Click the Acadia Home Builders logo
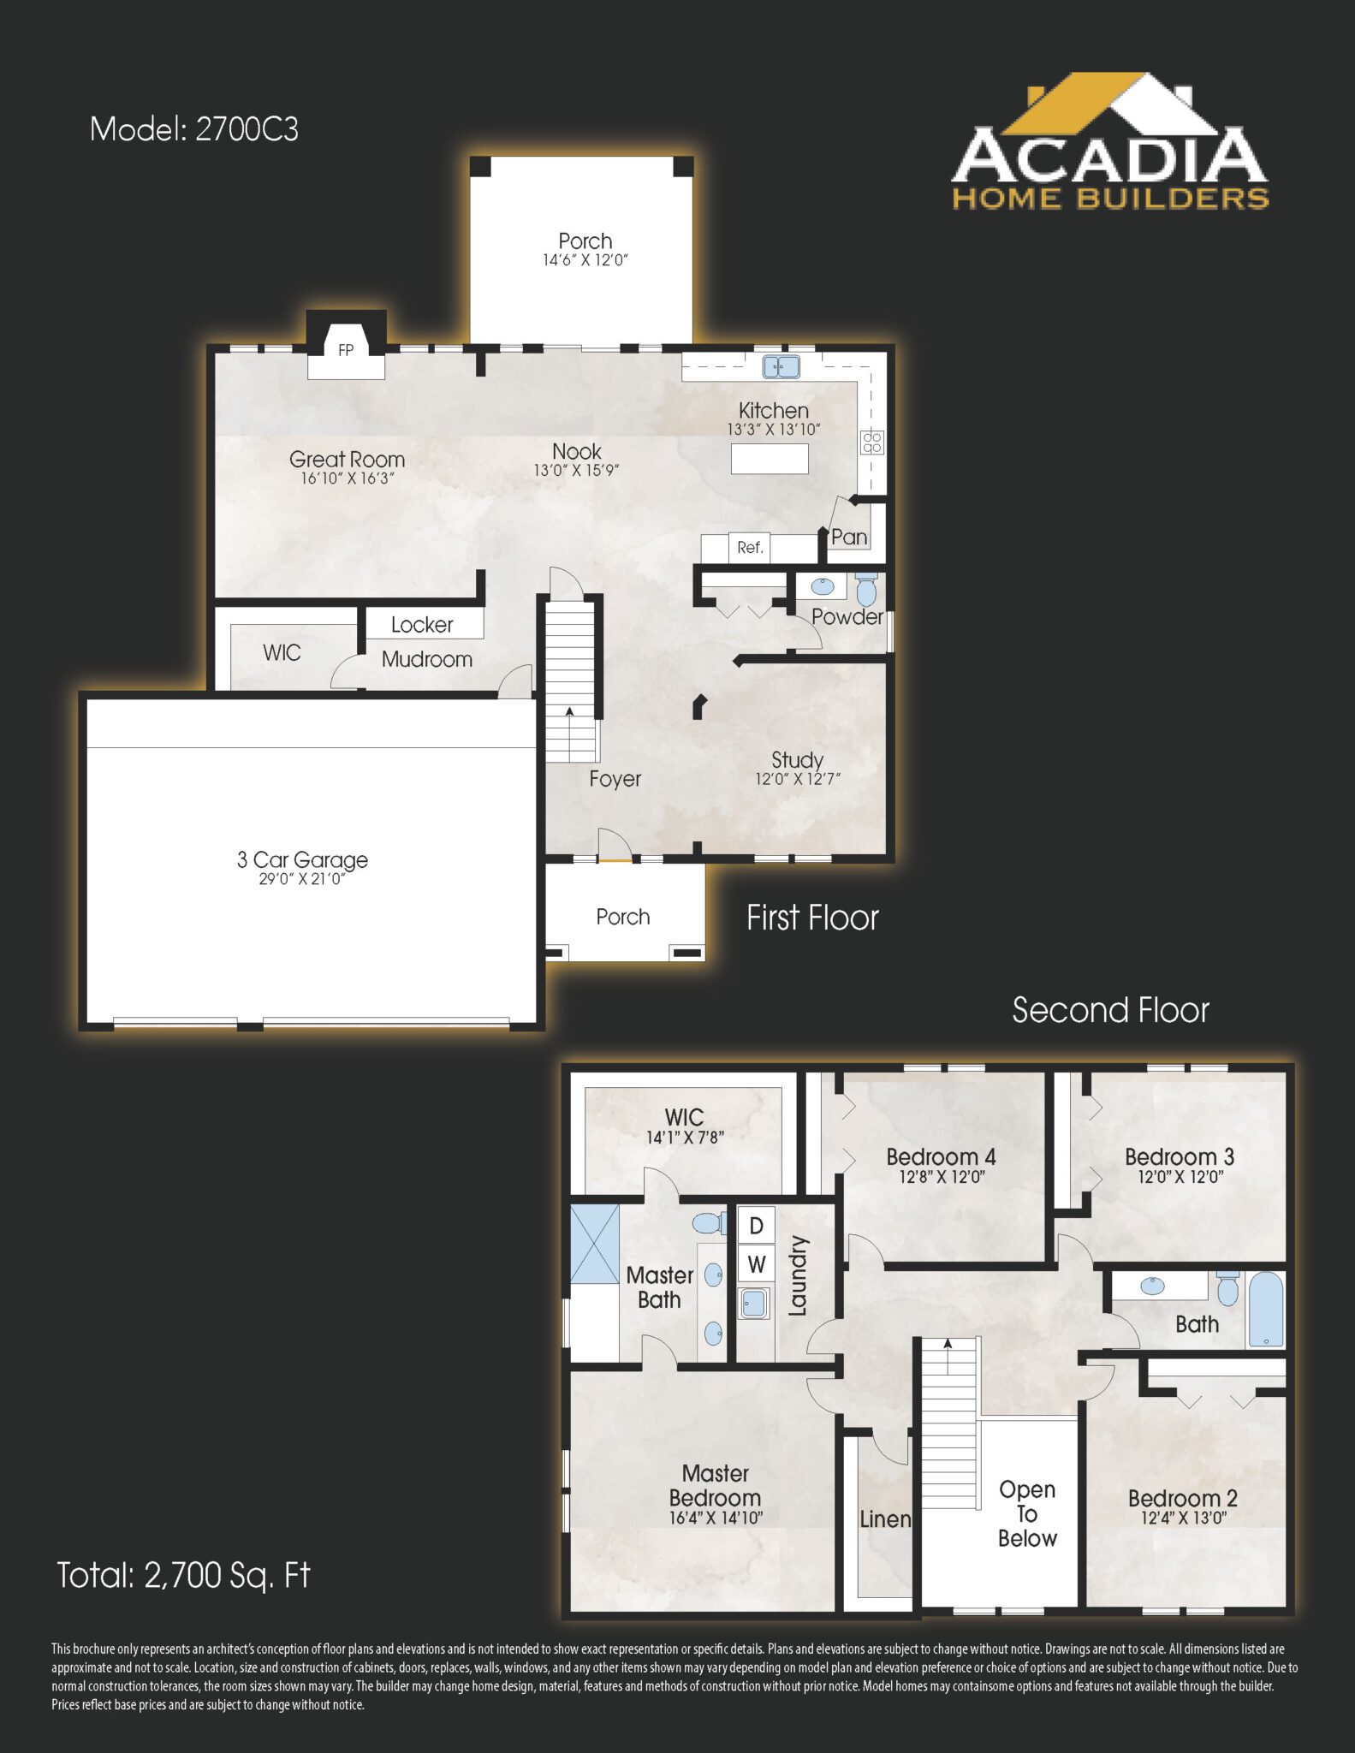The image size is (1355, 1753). tap(1109, 145)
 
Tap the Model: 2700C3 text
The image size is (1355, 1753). tap(194, 129)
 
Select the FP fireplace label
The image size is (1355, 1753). tap(346, 350)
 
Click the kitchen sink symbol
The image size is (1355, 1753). tap(782, 367)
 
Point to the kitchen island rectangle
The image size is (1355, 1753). tap(770, 459)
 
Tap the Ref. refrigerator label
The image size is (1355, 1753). tap(750, 548)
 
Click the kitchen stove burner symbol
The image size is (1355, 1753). tap(872, 442)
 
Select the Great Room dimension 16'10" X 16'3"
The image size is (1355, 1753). tap(347, 478)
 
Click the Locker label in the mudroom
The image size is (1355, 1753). tap(422, 625)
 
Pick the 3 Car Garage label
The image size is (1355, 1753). tap(302, 859)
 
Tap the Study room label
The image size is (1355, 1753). tap(797, 760)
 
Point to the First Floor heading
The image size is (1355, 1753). tap(812, 918)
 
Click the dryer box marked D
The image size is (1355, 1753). tap(756, 1226)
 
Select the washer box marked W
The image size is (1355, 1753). tap(756, 1263)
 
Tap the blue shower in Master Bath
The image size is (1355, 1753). tap(594, 1244)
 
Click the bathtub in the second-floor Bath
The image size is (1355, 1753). tap(1265, 1310)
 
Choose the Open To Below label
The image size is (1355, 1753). tap(1027, 1514)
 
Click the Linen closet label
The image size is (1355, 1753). tap(885, 1519)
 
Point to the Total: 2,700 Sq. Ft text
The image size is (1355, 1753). tap(183, 1575)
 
